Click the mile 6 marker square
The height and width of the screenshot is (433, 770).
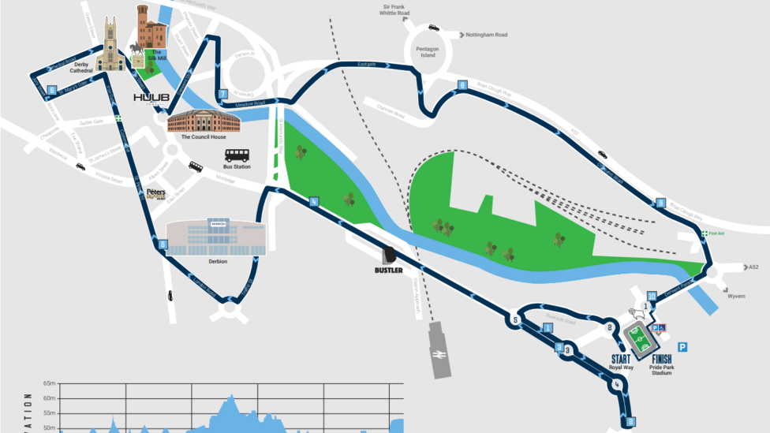[51, 89]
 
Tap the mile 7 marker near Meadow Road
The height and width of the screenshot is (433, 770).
[223, 94]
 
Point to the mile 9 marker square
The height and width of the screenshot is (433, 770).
[661, 203]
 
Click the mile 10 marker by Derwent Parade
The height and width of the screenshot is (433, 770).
[652, 296]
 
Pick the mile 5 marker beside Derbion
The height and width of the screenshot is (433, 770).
[163, 244]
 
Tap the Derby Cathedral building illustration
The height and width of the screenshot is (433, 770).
[110, 50]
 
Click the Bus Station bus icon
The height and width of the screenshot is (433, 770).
[237, 155]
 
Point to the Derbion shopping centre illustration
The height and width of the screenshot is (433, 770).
[216, 237]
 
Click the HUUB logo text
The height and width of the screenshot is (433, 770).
[151, 98]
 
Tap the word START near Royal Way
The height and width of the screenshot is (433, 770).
[621, 359]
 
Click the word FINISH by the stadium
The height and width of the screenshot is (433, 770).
[661, 359]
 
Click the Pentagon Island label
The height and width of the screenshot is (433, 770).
[425, 51]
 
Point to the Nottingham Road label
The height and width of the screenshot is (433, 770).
[486, 35]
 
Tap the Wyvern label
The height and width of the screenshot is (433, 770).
[736, 297]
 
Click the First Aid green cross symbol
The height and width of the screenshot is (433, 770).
[704, 234]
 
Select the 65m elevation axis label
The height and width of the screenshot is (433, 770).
[50, 384]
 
